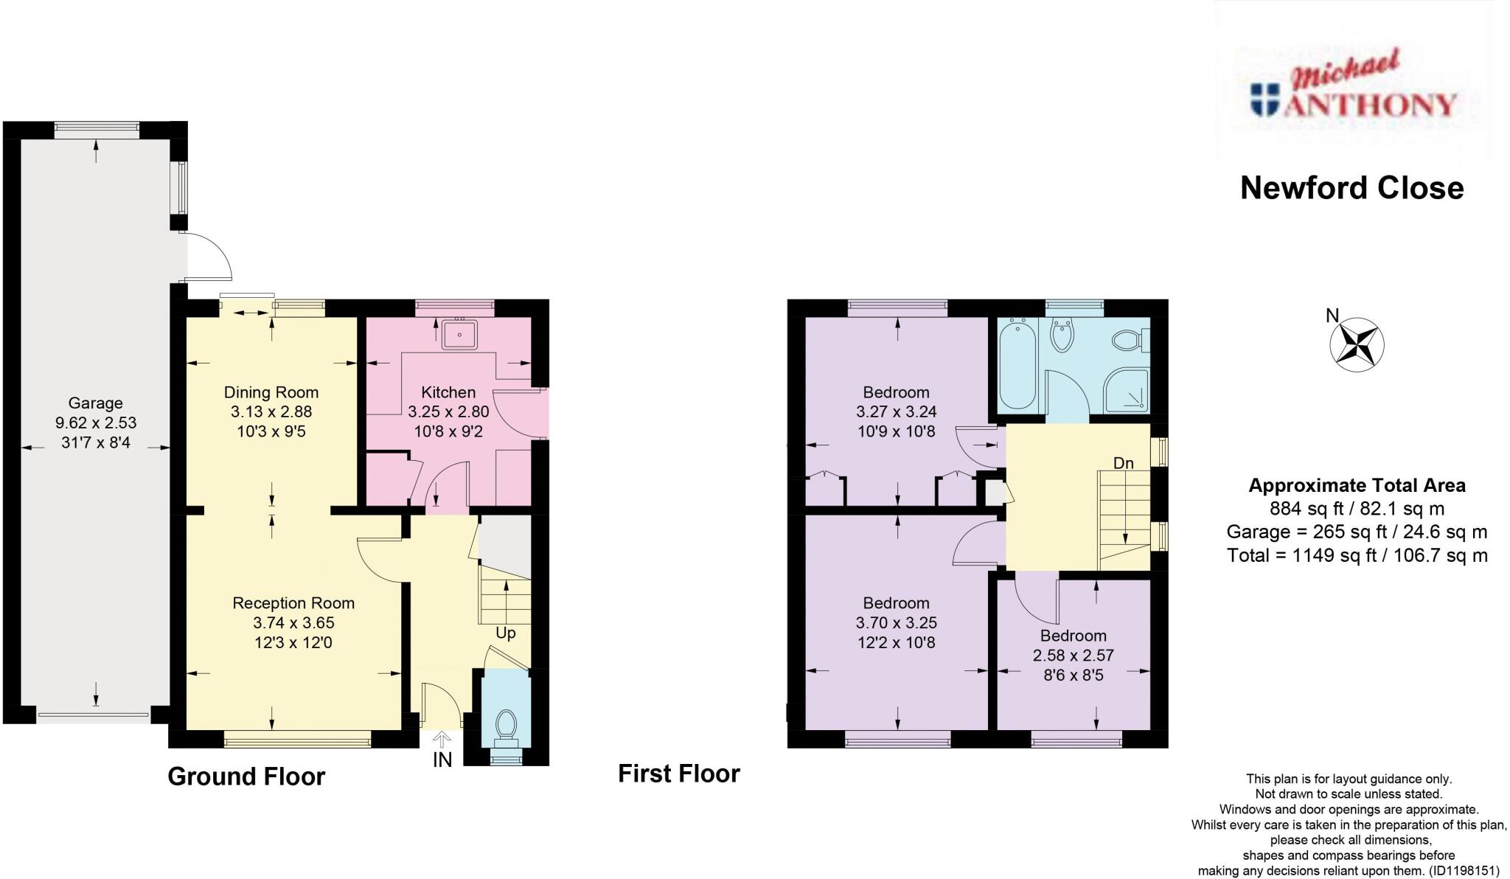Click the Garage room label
click(x=95, y=403)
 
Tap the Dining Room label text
click(x=271, y=392)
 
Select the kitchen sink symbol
click(x=459, y=334)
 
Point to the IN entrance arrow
click(x=442, y=739)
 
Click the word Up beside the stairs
click(x=505, y=633)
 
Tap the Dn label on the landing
click(x=1123, y=463)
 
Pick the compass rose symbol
click(x=1357, y=344)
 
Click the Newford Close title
click(x=1351, y=188)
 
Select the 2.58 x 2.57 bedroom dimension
click(x=1073, y=655)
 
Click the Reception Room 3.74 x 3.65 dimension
click(x=293, y=622)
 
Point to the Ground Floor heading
click(x=246, y=776)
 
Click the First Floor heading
click(x=678, y=774)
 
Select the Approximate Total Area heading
click(x=1357, y=486)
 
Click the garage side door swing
click(x=210, y=257)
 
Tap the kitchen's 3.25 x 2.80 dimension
click(x=448, y=411)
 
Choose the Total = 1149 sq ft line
click(x=1357, y=555)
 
